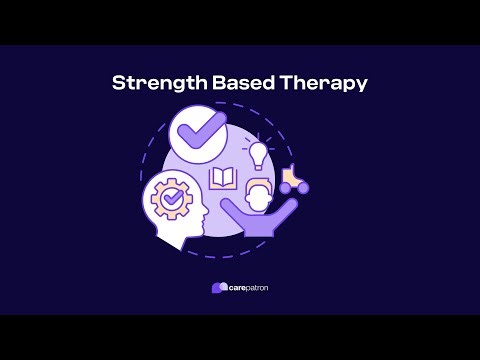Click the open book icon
(x=221, y=180)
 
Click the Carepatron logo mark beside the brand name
(x=219, y=288)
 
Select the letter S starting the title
(x=118, y=83)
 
